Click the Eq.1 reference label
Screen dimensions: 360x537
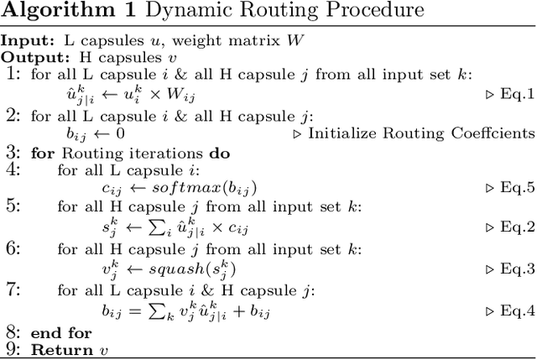tap(511, 94)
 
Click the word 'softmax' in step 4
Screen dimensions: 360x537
tap(177, 190)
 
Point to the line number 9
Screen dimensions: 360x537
tap(12, 350)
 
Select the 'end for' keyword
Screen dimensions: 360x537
tap(61, 334)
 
